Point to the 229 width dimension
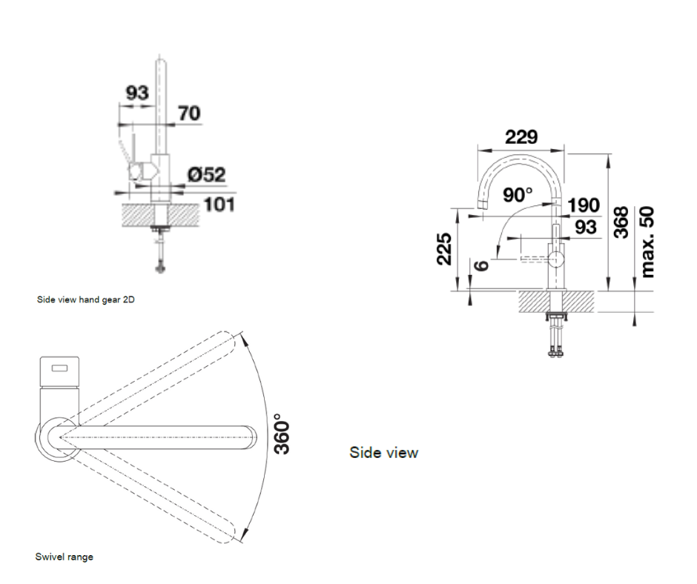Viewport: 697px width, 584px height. tap(521, 137)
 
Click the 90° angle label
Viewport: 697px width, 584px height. tap(518, 195)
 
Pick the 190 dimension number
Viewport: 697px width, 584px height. tap(584, 205)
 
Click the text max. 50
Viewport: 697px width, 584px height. tap(647, 242)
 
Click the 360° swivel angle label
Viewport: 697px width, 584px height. tap(282, 432)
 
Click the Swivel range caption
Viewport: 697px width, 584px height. tap(65, 557)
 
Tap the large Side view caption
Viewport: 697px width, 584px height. tap(383, 452)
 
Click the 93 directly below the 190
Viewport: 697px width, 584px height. tap(585, 227)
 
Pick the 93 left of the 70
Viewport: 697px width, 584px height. tap(136, 93)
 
